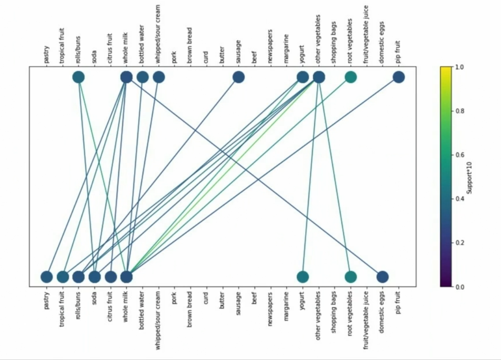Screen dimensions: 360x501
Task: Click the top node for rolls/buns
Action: coord(79,77)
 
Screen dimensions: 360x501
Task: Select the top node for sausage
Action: coord(239,77)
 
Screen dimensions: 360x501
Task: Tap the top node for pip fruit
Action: coord(399,77)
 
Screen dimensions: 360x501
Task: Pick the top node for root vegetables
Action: coord(351,77)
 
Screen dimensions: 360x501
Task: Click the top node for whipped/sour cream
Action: coord(159,77)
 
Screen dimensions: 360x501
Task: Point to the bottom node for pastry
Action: coord(47,277)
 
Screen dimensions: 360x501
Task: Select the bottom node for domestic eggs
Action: coord(382,277)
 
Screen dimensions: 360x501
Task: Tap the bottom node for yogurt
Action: coord(303,277)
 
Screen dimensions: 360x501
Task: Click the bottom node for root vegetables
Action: coord(351,277)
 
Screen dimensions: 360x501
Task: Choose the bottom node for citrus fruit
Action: coord(111,277)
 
